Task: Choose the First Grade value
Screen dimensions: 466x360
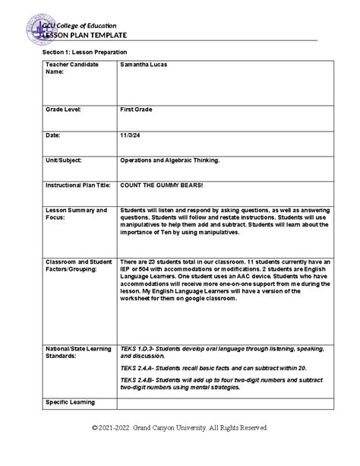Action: click(136, 109)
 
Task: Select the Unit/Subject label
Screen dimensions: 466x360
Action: click(63, 160)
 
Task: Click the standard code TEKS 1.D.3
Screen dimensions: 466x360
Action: click(140, 347)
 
